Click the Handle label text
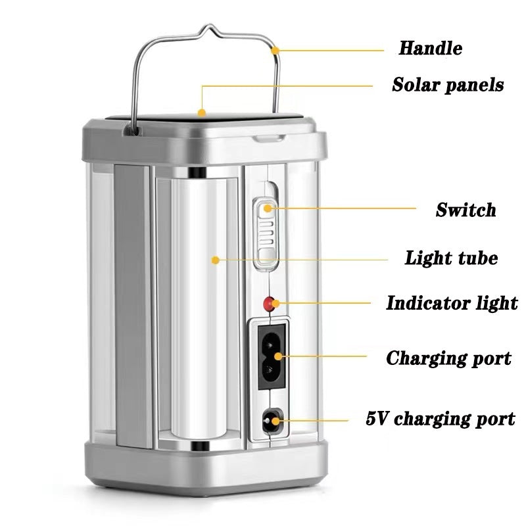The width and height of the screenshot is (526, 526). click(430, 48)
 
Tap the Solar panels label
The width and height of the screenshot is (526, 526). click(448, 85)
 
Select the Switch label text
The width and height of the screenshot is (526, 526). click(466, 210)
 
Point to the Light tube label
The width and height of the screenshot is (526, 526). click(451, 258)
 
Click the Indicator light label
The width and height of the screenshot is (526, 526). click(452, 303)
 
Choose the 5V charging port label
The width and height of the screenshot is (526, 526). click(441, 418)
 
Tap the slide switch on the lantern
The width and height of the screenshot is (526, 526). click(266, 233)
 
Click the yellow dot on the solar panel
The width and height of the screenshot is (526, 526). click(202, 112)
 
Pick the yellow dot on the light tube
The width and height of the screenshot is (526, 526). click(214, 260)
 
